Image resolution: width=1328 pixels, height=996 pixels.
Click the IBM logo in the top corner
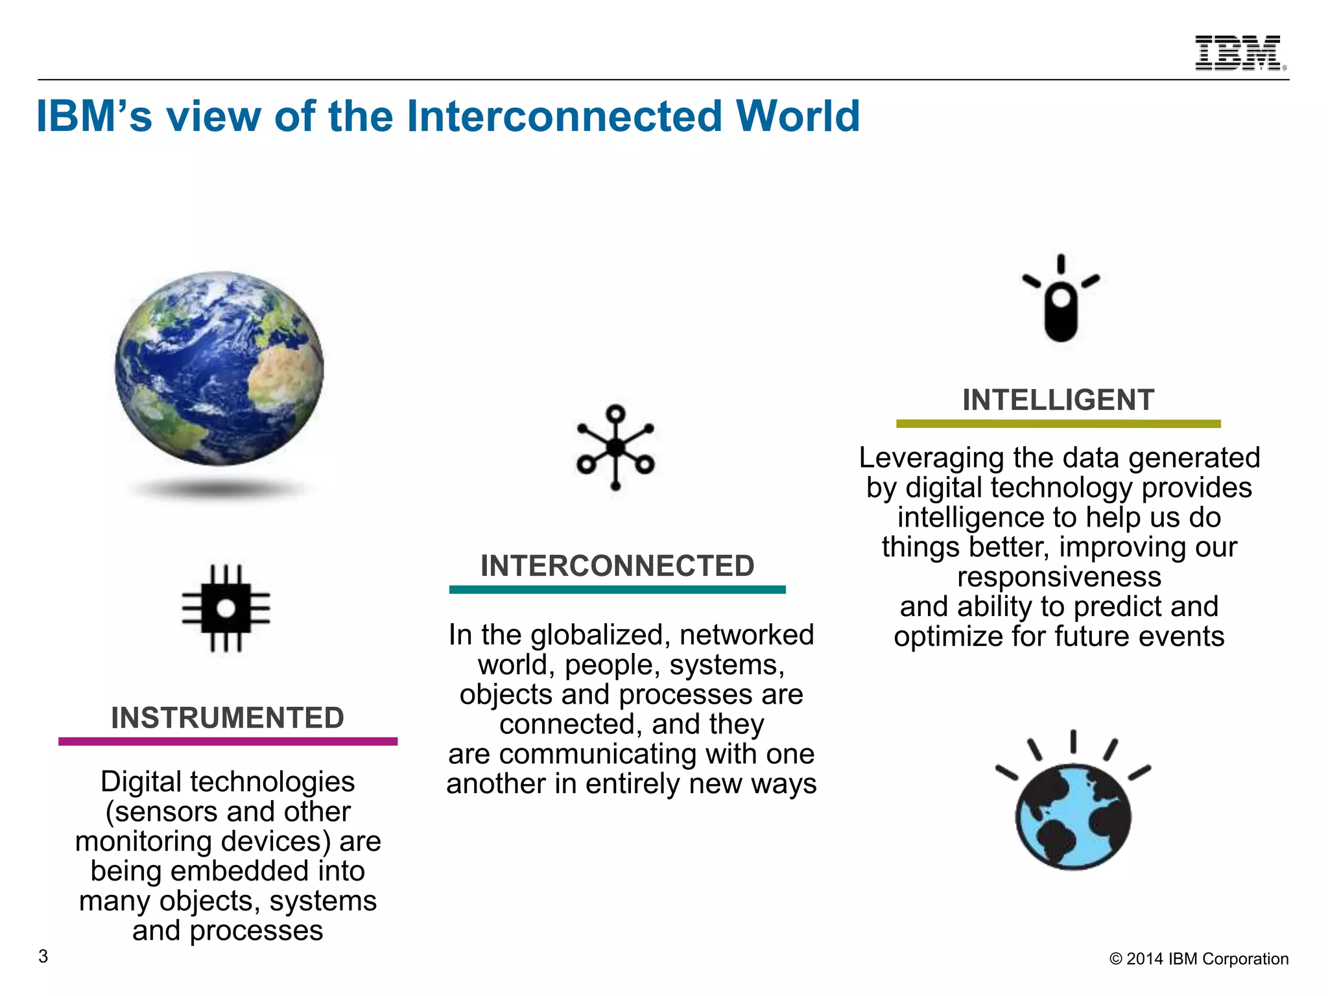[1240, 53]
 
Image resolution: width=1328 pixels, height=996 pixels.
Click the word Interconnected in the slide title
[563, 117]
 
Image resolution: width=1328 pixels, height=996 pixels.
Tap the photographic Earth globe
[219, 368]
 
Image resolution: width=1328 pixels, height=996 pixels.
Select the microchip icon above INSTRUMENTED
[226, 608]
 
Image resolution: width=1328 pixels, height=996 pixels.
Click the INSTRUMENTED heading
[227, 718]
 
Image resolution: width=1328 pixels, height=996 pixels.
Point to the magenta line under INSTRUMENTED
[228, 741]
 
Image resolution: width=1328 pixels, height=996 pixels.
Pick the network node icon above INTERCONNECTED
[615, 447]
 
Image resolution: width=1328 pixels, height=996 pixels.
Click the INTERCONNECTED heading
[617, 565]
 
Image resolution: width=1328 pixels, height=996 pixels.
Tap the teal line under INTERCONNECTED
[617, 589]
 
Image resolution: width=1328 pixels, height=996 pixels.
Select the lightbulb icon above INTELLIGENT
[1061, 300]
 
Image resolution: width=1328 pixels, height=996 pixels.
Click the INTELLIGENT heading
[1058, 399]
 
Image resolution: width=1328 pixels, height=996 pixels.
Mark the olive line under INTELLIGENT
[1058, 423]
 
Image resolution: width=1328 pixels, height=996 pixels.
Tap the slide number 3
[43, 956]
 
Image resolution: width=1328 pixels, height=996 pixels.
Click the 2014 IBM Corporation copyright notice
[1199, 959]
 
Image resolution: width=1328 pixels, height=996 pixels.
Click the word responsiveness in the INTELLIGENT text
[1059, 576]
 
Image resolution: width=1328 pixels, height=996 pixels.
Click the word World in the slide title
[798, 117]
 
